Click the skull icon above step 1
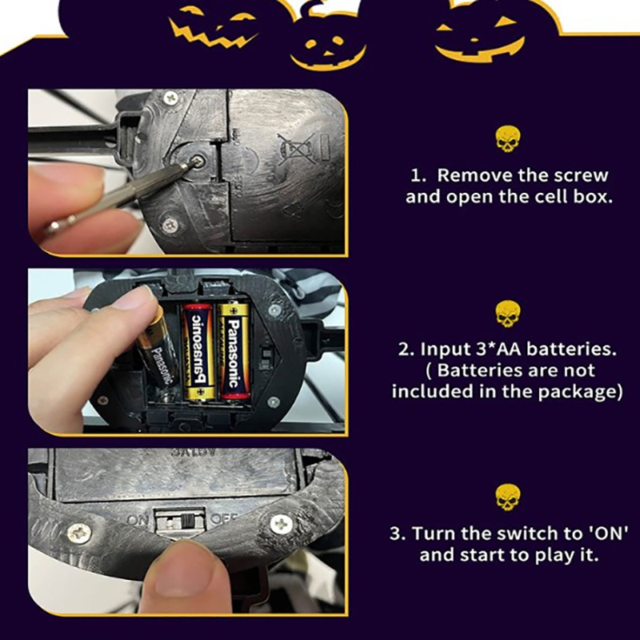(508, 139)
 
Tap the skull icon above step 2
(508, 314)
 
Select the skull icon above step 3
(508, 498)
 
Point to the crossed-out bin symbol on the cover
(297, 149)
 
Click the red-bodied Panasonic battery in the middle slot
(198, 351)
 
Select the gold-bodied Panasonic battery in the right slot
(234, 350)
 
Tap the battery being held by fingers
(157, 350)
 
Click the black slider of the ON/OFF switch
(187, 522)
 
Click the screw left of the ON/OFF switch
(79, 533)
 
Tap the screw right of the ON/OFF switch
(282, 524)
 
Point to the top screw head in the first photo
(170, 98)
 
